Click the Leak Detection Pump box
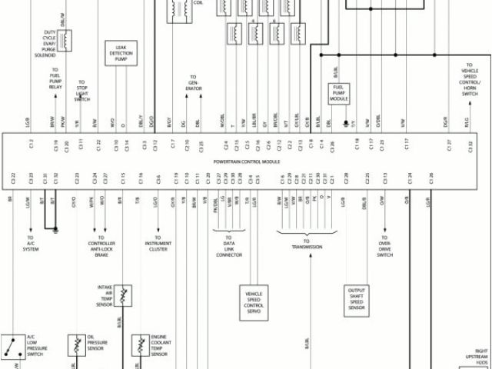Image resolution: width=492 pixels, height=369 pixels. point(115,52)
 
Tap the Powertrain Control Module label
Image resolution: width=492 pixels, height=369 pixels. point(246,163)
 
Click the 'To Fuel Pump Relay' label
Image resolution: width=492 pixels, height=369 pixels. point(56,81)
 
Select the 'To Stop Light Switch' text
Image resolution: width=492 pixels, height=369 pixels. point(82,90)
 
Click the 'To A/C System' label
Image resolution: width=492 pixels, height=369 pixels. point(31,244)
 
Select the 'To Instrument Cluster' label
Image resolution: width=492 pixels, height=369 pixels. point(158,248)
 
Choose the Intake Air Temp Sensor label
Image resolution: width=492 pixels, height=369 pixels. point(106,295)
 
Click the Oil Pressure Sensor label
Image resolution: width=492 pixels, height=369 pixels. point(96,344)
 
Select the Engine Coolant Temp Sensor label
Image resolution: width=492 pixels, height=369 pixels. point(159,345)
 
